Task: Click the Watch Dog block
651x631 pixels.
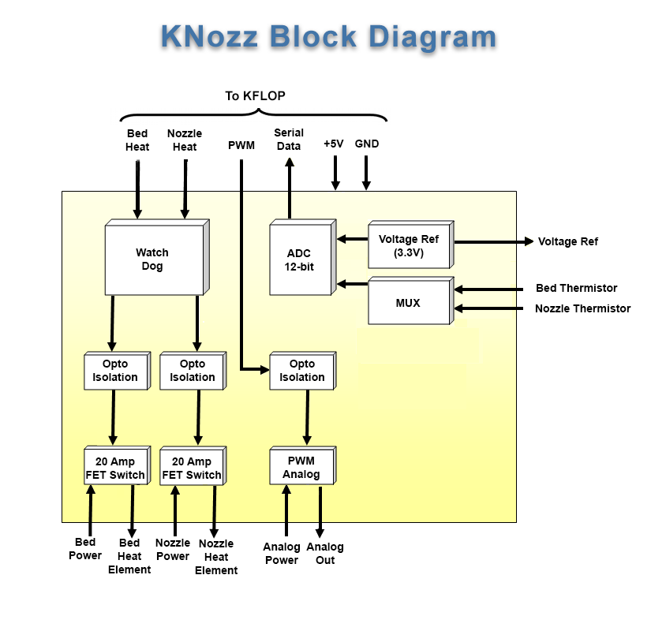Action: pos(155,259)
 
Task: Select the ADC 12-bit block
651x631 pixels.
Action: pos(300,259)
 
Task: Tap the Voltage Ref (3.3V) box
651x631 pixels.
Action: pos(409,245)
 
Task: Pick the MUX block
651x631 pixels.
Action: pos(408,303)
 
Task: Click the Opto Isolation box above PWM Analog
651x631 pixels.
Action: pos(301,371)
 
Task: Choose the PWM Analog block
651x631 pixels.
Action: pos(301,467)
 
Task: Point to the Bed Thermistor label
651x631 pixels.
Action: pos(576,288)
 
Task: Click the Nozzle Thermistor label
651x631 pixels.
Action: pos(582,308)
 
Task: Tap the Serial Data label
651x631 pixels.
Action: pos(289,140)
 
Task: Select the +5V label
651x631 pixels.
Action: pos(334,144)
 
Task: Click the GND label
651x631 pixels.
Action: pos(367,144)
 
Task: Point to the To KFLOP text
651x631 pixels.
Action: pos(255,96)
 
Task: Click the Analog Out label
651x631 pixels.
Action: pos(325,554)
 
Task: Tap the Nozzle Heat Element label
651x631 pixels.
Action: pos(216,557)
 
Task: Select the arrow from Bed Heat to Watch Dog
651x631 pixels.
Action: pos(137,189)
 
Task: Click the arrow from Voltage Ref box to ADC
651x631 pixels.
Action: pos(352,237)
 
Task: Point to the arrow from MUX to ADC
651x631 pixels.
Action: pos(352,283)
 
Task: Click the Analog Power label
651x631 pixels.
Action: pos(282,554)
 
